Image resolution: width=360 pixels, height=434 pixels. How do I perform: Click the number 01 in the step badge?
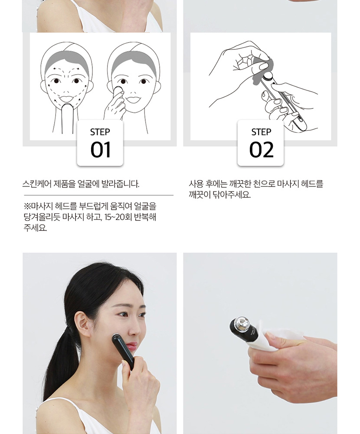pyautogui.click(x=101, y=150)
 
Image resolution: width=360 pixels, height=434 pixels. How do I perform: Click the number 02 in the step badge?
pyautogui.click(x=261, y=150)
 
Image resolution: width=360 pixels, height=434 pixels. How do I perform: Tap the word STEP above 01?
pyautogui.click(x=100, y=132)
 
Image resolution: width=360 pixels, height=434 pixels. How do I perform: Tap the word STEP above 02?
pyautogui.click(x=261, y=132)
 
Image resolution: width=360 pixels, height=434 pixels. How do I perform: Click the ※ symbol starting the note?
pyautogui.click(x=27, y=206)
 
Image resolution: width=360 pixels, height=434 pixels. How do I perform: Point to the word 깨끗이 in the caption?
pyautogui.click(x=200, y=195)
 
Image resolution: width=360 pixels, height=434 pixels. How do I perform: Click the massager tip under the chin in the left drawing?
pyautogui.click(x=68, y=107)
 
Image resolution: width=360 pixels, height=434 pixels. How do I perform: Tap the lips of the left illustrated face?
pyautogui.click(x=66, y=99)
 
